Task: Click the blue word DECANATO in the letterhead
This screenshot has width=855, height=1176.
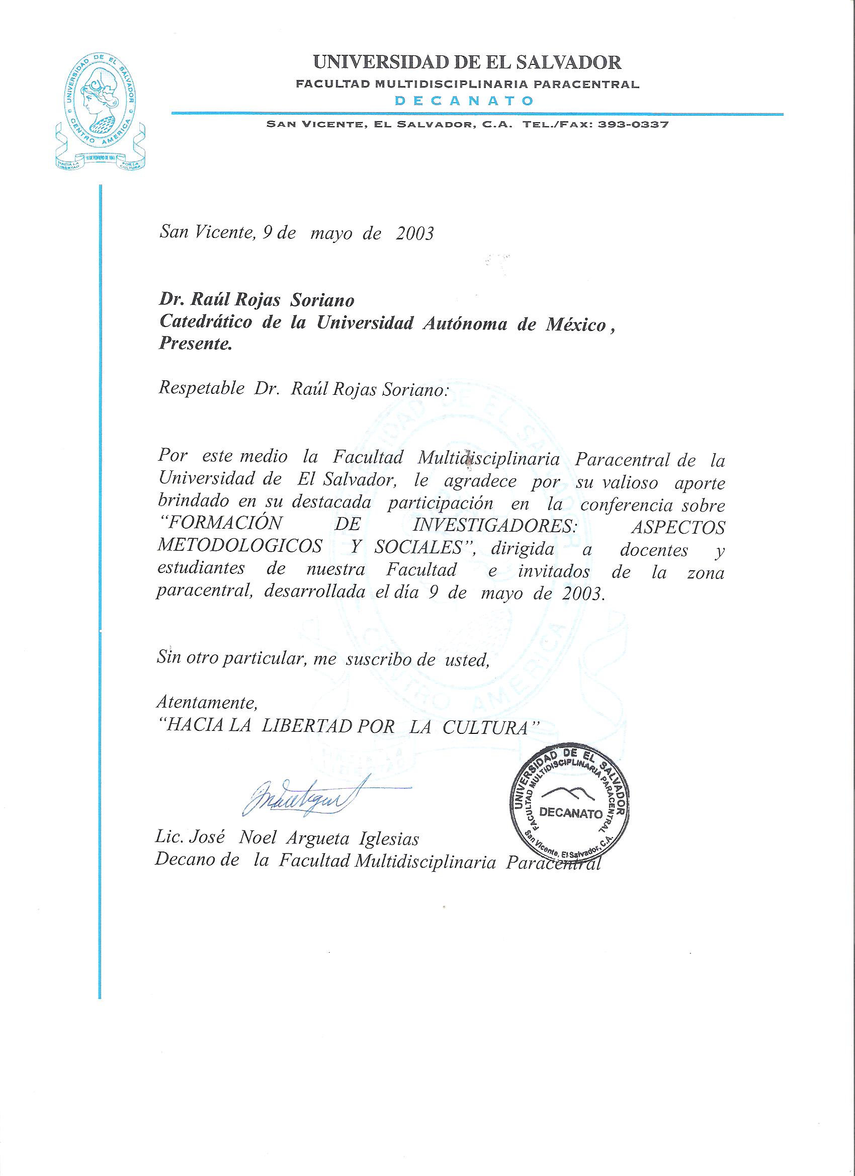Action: point(464,101)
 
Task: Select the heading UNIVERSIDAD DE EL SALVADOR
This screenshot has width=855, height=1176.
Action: point(467,63)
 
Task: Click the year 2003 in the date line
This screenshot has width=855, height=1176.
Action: point(414,233)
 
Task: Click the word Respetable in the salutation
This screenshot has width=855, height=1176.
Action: point(201,389)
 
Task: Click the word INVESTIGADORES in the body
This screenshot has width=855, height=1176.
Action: point(495,526)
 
